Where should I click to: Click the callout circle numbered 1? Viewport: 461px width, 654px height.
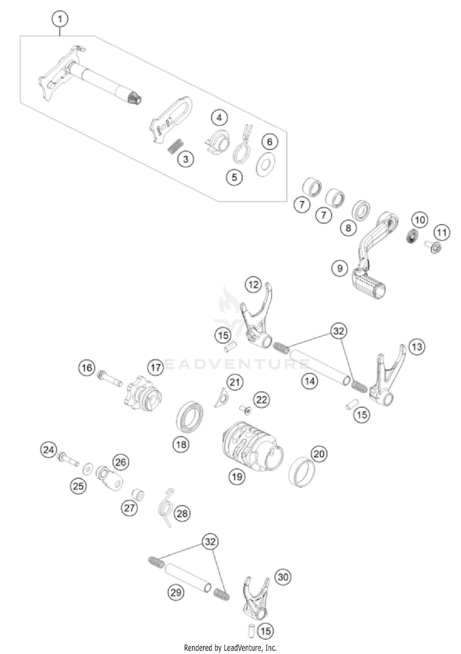coord(60,19)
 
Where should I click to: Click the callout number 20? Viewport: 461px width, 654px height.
coord(319,454)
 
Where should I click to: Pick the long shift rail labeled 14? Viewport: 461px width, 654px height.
coord(320,367)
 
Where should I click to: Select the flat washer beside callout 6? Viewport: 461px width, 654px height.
coord(266,164)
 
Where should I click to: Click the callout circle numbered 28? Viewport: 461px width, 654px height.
coord(182,513)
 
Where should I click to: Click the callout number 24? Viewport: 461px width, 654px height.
coord(49,450)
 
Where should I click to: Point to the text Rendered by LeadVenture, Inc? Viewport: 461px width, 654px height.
coord(230,648)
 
